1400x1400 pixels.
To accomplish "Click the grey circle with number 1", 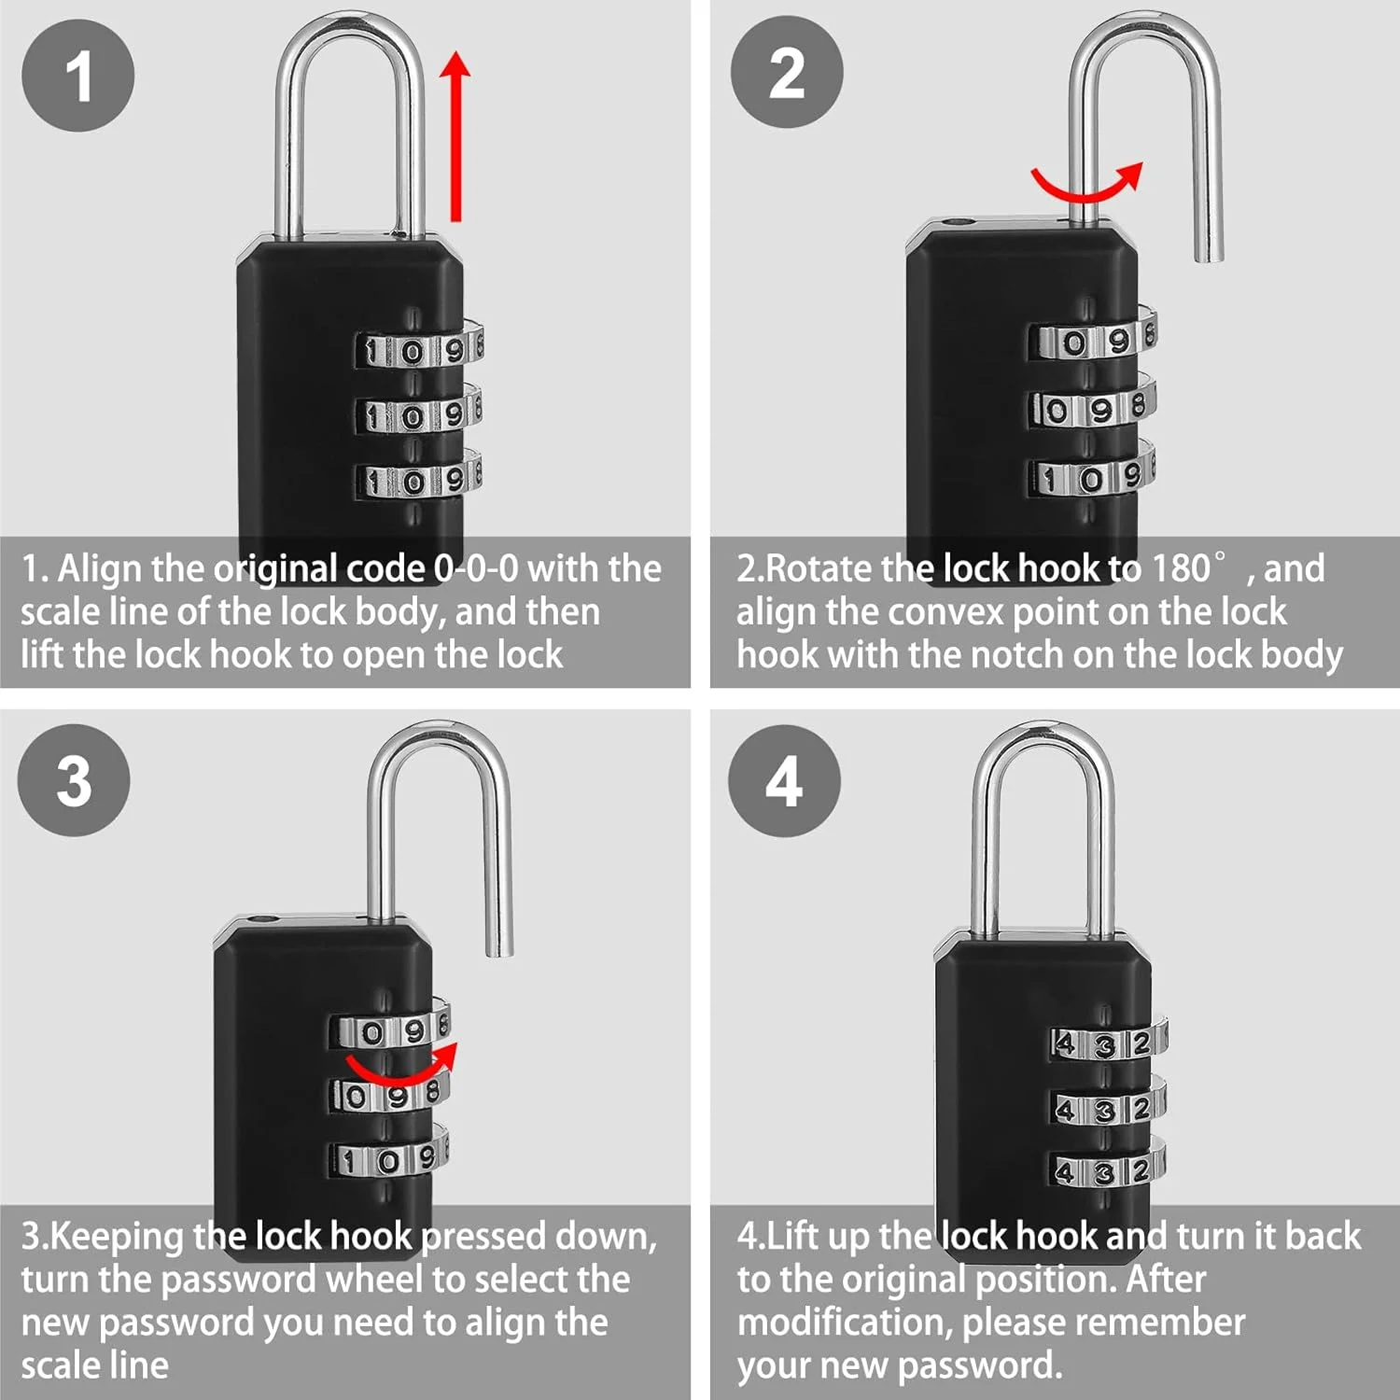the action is (x=78, y=76).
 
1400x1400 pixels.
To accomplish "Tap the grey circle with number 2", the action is (x=787, y=73).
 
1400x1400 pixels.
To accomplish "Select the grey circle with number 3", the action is (x=75, y=780).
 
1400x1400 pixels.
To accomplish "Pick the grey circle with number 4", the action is (x=784, y=780).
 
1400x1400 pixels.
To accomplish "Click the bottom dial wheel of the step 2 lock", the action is (x=1093, y=478).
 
